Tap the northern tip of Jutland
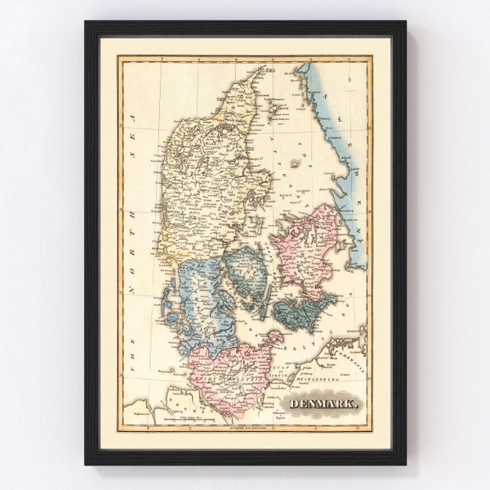tap(263, 69)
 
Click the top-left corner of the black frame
tap(85, 23)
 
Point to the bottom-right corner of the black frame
tap(405, 463)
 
